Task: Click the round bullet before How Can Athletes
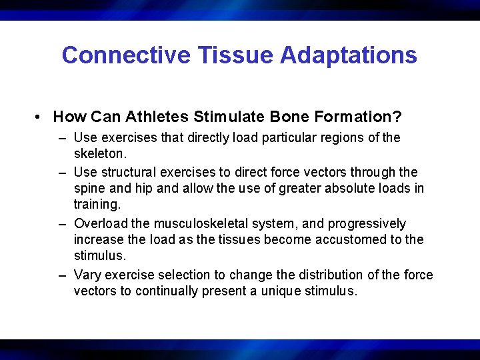click(39, 118)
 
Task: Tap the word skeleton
click(98, 153)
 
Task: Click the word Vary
click(87, 275)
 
